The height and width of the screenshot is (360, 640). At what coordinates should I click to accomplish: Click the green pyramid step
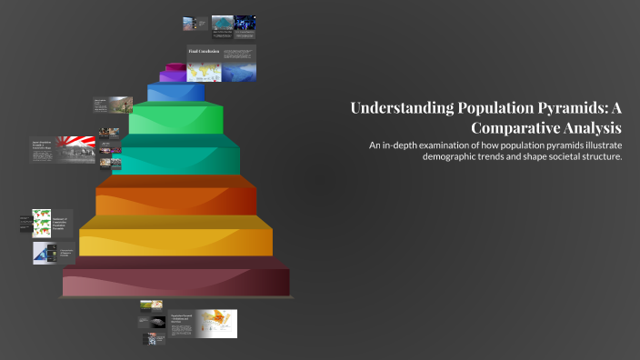point(177,120)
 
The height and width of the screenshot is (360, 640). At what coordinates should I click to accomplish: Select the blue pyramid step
point(175,93)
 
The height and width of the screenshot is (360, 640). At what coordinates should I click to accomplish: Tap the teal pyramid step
point(179,158)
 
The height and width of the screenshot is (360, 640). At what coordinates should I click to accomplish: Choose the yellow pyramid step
point(175,240)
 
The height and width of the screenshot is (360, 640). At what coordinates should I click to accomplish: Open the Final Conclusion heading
point(205,52)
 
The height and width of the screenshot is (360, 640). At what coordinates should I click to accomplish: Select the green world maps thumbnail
point(42,223)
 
